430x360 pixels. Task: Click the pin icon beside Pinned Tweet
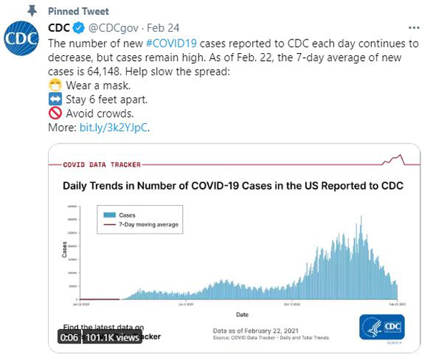tap(32, 11)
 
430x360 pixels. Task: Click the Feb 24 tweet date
tap(163, 29)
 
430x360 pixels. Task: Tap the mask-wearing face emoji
tap(54, 84)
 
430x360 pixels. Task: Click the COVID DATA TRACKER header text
tap(102, 164)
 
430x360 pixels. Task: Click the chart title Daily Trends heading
tap(233, 186)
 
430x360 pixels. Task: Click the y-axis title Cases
tap(64, 250)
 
